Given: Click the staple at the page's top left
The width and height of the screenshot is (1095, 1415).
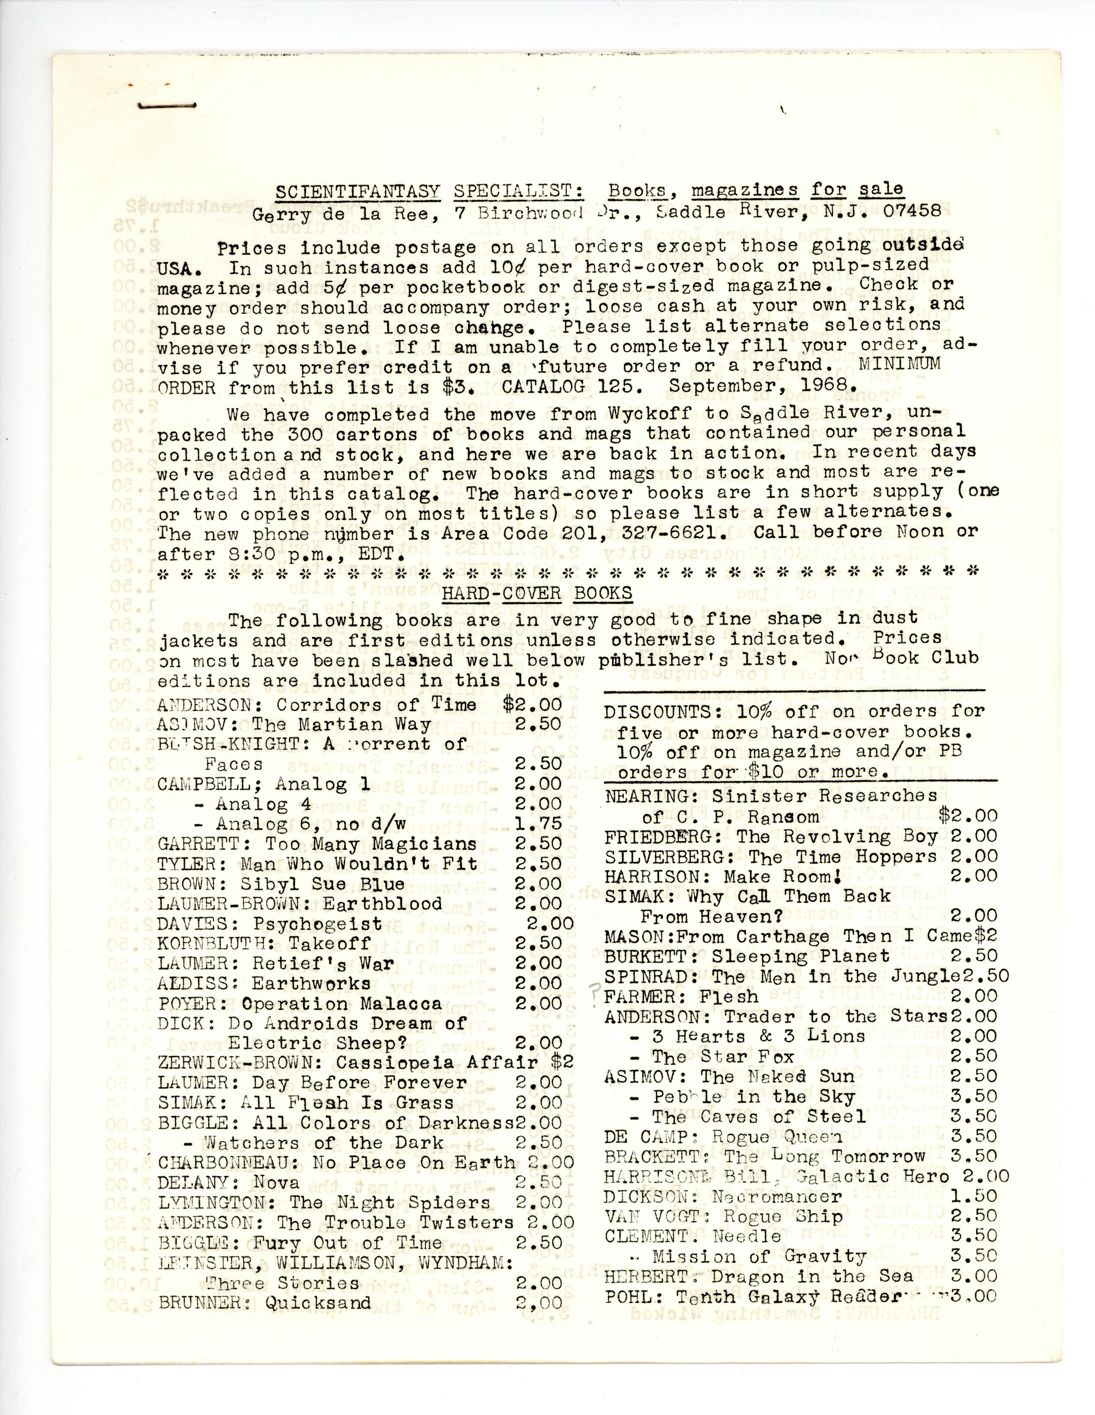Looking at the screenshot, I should [x=167, y=104].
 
